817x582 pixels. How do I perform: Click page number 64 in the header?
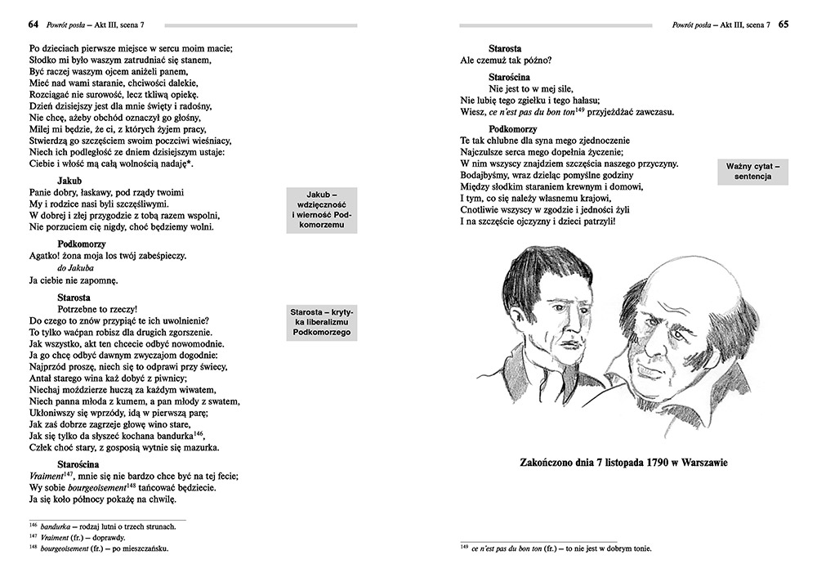[x=33, y=25]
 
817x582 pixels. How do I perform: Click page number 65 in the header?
[x=783, y=25]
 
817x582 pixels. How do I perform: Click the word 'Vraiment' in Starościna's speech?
[x=45, y=476]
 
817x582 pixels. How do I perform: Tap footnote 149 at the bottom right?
[x=556, y=548]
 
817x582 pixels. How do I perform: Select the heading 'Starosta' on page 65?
[x=505, y=48]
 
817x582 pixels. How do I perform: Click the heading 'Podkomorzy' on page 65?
[x=513, y=129]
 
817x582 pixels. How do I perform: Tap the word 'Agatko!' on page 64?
[x=47, y=256]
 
